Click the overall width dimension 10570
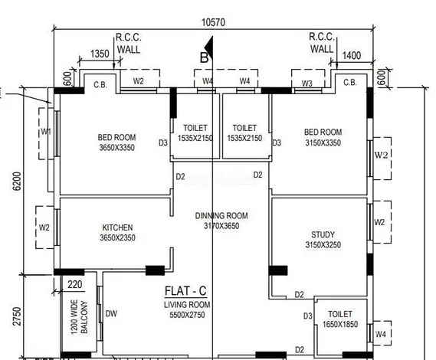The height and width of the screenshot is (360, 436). click(x=213, y=22)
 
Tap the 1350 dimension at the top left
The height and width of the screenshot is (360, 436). click(x=100, y=54)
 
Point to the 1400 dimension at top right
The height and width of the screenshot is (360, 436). click(x=352, y=56)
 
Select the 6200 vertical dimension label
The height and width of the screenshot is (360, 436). click(x=17, y=182)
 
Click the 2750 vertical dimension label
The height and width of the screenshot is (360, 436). click(x=17, y=316)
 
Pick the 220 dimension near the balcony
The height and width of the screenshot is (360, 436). click(x=75, y=285)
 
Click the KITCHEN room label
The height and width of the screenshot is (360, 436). click(x=117, y=227)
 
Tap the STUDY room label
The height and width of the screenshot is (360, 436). click(x=323, y=235)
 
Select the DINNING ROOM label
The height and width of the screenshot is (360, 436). click(x=221, y=216)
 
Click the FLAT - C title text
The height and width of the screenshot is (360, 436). click(x=185, y=291)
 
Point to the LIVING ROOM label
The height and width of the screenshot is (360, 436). click(x=187, y=305)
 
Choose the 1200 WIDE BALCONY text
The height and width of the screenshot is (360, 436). click(x=79, y=317)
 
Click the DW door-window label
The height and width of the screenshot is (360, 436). click(x=111, y=313)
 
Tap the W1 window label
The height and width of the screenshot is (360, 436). click(x=46, y=131)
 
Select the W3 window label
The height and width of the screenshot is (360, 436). click(x=307, y=83)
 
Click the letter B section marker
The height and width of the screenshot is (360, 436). click(x=204, y=57)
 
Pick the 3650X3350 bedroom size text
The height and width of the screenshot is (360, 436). click(x=117, y=148)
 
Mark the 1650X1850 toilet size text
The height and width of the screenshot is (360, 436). click(x=340, y=325)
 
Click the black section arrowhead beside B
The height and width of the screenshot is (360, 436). click(x=210, y=46)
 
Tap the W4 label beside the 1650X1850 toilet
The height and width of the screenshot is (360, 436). click(x=380, y=334)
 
